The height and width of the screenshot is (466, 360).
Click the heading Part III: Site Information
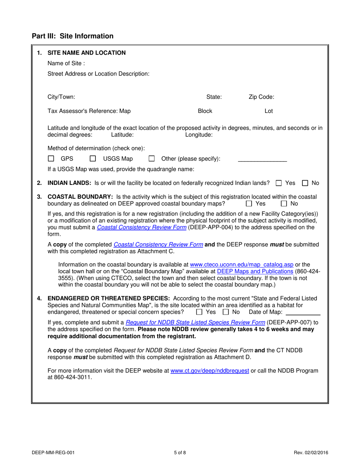(72, 36)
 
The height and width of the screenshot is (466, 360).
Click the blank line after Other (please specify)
(262, 160)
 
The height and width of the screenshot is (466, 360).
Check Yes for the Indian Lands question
(279, 183)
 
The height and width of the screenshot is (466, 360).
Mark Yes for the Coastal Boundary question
(249, 204)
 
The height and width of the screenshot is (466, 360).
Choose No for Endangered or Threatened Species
(225, 312)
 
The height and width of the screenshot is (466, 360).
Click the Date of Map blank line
(302, 313)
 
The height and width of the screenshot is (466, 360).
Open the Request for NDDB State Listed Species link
(195, 323)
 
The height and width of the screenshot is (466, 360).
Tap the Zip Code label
(261, 97)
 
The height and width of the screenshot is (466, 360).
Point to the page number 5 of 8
(180, 452)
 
